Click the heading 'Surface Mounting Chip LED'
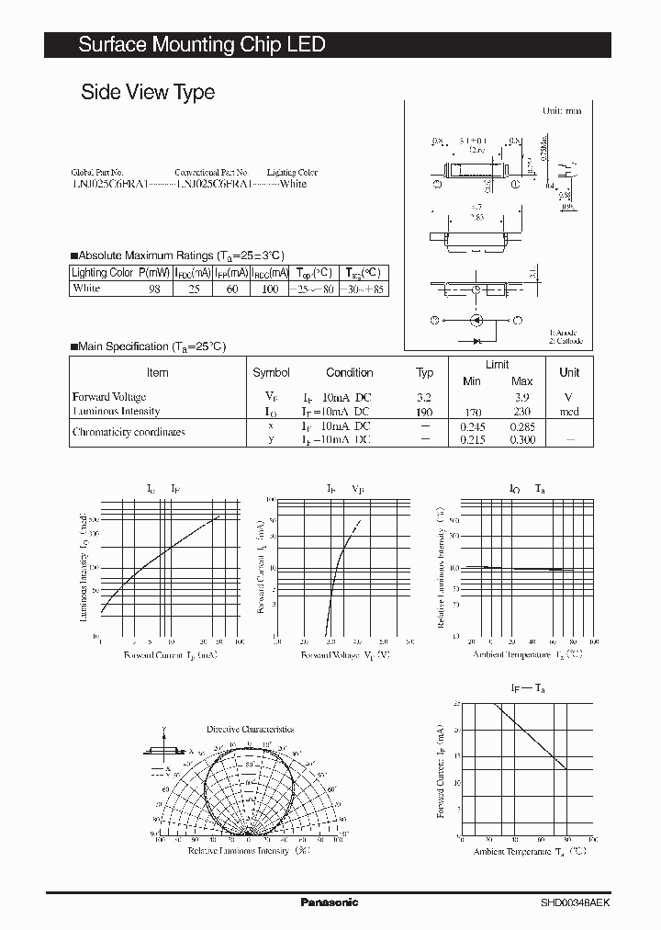pos(201,44)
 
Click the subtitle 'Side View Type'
pos(148,92)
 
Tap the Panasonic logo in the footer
pos(330,902)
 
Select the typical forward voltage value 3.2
pos(423,397)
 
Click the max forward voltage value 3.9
pos(521,397)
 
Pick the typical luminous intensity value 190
pos(423,412)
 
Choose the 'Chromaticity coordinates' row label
pos(129,432)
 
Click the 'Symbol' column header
pos(271,373)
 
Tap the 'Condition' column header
pos(349,373)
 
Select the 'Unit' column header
pos(569,373)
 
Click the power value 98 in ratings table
pos(154,289)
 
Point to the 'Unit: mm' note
pos(562,110)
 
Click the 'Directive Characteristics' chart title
pos(250,729)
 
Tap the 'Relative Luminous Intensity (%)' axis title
pos(249,851)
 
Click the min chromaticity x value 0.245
pos(472,426)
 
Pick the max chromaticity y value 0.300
pos(521,440)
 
